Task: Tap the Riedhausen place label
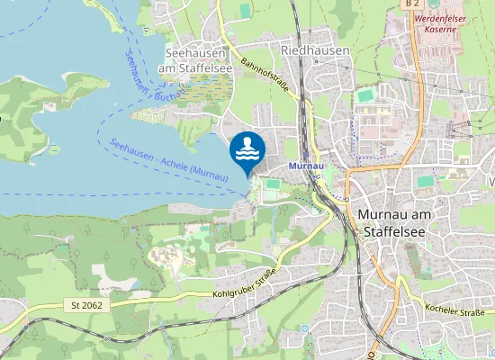(x=315, y=51)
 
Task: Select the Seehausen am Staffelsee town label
(x=196, y=60)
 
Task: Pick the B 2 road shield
(x=412, y=4)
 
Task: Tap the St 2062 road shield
(x=81, y=305)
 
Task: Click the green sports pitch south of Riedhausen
(x=364, y=94)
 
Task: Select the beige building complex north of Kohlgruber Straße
(x=165, y=259)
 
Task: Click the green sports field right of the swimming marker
(x=273, y=184)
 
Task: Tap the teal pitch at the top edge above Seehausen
(x=245, y=9)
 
